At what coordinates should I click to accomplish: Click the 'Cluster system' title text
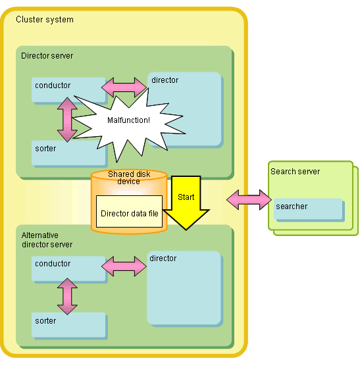pos(45,20)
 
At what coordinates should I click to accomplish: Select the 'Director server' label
pos(47,56)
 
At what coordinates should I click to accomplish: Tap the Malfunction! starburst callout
pos(128,120)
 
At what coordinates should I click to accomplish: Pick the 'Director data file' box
pos(129,211)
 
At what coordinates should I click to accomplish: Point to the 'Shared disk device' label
pos(129,178)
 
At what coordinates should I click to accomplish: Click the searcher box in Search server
pos(308,208)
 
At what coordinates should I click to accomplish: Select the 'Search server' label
pos(295,172)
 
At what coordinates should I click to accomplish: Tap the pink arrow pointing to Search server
pos(249,200)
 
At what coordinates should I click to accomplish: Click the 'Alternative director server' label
pos(47,240)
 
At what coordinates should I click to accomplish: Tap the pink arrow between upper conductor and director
pos(124,87)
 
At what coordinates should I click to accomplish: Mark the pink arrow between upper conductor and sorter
pos(67,120)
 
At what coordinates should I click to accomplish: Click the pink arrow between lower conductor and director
pos(124,266)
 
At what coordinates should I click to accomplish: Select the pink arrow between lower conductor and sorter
pos(67,297)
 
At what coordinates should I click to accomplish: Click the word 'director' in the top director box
pos(165,80)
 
